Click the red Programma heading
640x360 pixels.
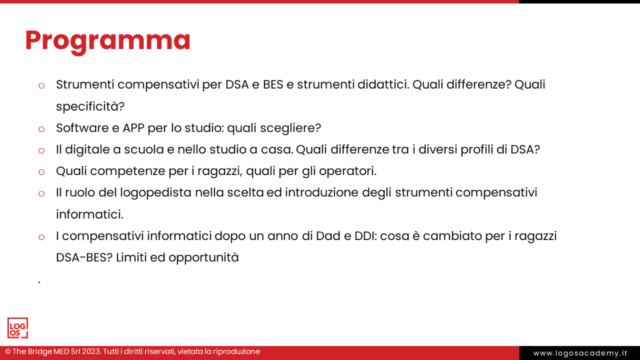107,41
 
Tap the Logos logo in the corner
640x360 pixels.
17,328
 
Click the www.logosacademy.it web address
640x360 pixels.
579,353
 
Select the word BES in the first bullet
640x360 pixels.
273,84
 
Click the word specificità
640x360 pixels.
90,106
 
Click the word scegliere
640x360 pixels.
291,128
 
